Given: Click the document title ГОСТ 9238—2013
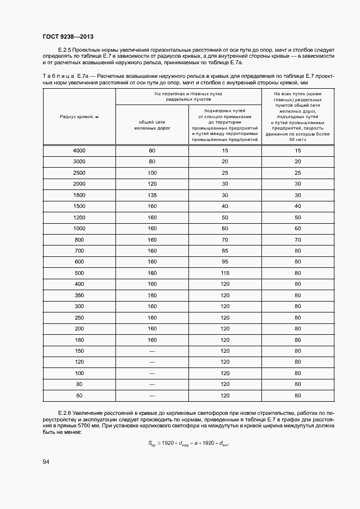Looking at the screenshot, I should point(68,36).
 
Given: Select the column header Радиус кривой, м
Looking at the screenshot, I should point(79,117).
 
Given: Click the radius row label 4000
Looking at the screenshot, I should point(79,150).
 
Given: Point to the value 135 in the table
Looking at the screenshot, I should point(152,194).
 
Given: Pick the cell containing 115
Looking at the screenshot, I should point(224,273).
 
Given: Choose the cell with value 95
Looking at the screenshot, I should point(224,261).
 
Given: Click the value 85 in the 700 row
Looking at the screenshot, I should point(224,250).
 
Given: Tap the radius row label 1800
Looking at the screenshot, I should point(79,194).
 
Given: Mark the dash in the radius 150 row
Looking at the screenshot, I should point(152,351).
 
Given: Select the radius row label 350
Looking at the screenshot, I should point(79,295).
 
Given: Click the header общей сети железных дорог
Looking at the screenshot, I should point(152,125).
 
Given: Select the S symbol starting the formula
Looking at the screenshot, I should point(151,443).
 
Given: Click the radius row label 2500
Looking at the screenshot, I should point(79,173).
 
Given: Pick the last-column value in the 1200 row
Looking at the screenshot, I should point(297,217).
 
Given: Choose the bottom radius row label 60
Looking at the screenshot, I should point(79,395).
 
